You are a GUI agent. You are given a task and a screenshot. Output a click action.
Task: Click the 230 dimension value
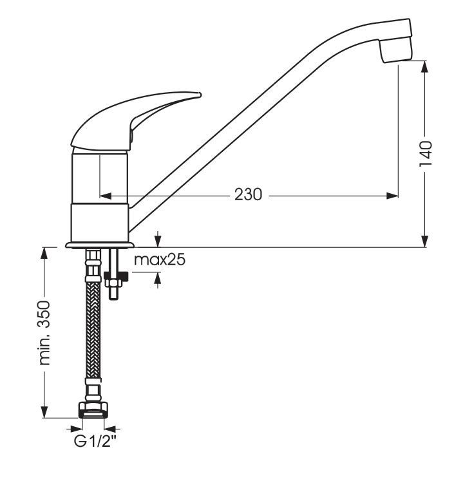[x=248, y=194]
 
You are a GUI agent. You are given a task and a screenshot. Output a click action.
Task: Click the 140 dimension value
[x=426, y=154]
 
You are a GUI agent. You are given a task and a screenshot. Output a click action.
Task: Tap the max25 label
[x=160, y=260]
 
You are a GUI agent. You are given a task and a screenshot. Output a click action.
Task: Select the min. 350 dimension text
[x=44, y=333]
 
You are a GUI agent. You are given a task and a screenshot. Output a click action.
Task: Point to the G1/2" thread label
[x=95, y=441]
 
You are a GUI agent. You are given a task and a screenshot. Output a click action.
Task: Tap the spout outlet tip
[x=396, y=51]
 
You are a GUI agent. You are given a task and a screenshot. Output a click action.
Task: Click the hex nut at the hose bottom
[x=93, y=409]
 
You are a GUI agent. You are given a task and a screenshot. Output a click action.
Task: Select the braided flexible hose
[x=93, y=330]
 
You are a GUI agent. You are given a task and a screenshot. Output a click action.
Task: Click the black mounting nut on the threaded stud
[x=117, y=276]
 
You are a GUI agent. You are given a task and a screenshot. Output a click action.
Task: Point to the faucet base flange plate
[x=100, y=245]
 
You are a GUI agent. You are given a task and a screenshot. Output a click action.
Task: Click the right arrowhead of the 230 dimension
[x=392, y=196]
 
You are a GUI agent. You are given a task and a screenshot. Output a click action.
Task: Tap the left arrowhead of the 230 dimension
[x=106, y=196]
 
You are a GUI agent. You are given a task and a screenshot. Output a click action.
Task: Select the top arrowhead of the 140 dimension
[x=424, y=67]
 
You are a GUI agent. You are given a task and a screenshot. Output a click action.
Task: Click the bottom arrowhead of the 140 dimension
[x=424, y=241]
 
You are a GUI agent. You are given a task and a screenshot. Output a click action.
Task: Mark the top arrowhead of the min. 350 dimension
[x=44, y=254]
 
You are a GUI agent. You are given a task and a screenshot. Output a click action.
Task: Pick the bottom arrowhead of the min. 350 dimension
[x=44, y=411]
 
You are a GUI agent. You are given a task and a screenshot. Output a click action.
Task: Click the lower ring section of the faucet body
[x=100, y=222]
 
